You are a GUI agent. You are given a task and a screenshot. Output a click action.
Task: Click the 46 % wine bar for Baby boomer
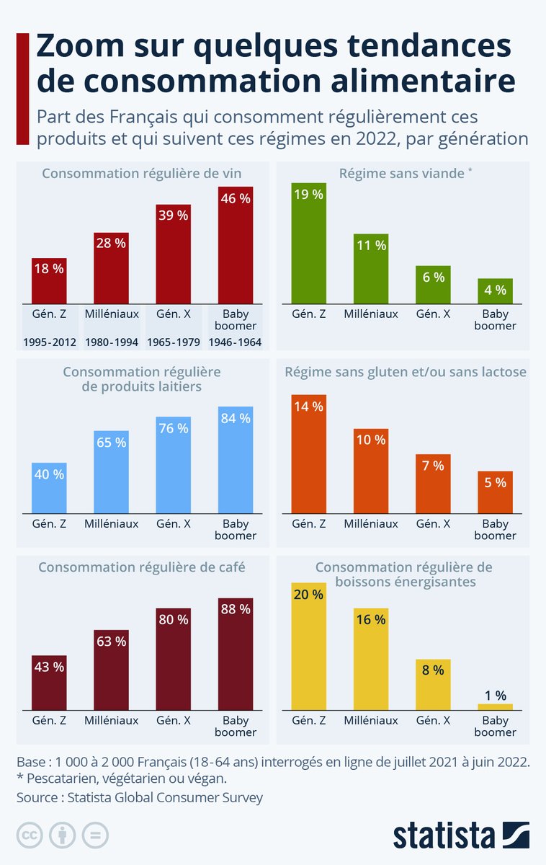click(236, 244)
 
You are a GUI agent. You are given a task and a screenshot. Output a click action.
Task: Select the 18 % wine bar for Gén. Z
click(50, 281)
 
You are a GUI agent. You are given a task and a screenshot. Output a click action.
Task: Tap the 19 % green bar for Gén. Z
click(308, 243)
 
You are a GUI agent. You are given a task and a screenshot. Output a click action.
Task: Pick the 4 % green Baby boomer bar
click(495, 290)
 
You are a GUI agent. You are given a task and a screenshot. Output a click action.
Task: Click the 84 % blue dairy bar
click(236, 460)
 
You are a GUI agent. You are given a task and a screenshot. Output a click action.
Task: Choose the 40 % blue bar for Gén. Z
click(50, 488)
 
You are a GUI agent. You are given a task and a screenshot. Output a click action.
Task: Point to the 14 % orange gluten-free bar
click(308, 453)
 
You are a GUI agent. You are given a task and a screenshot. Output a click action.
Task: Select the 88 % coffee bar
click(236, 653)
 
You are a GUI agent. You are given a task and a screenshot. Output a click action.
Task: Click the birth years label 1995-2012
click(50, 342)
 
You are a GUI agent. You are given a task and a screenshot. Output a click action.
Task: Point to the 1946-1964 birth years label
click(236, 342)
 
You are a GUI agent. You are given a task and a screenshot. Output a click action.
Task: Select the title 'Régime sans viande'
click(403, 174)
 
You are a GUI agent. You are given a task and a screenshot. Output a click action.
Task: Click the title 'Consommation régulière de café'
click(142, 567)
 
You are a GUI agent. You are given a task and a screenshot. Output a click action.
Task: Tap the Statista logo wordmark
click(444, 835)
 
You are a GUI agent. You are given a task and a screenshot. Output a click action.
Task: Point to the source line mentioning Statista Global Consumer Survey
click(140, 797)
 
